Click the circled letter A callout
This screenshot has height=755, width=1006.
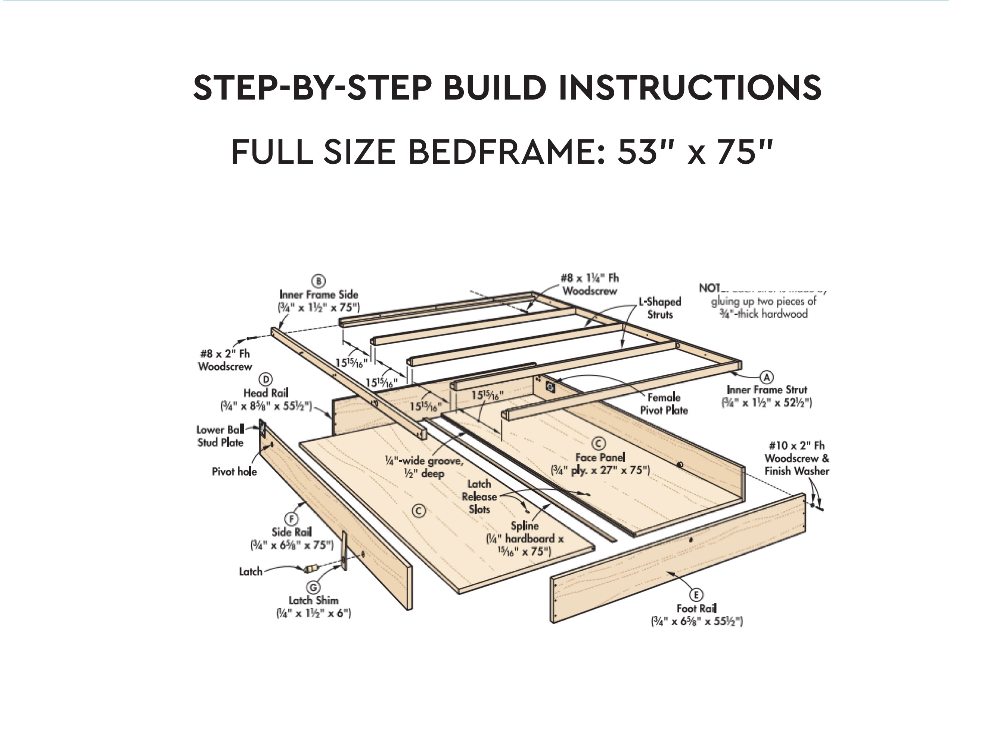coord(767,377)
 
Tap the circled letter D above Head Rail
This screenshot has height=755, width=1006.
coord(266,379)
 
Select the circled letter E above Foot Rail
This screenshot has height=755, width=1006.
coord(696,595)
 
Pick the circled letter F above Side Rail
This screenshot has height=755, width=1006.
coord(291,519)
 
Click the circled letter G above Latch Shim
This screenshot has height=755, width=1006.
coord(313,588)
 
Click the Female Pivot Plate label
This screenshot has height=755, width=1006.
coord(664,404)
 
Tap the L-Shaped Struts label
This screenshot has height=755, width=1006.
coord(659,308)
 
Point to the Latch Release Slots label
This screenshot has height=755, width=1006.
coord(479,496)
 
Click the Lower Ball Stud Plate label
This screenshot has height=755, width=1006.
coord(220,435)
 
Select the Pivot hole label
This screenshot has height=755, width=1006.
coord(234,471)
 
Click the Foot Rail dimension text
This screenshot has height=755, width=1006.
coord(696,621)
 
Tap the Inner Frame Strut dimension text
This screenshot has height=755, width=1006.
coord(766,402)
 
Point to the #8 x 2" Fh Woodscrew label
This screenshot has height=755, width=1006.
coord(225,360)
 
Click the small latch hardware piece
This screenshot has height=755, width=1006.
coord(311,568)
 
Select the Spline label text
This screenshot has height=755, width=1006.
coord(524,526)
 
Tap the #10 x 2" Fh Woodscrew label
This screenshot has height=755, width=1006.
coord(797,458)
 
